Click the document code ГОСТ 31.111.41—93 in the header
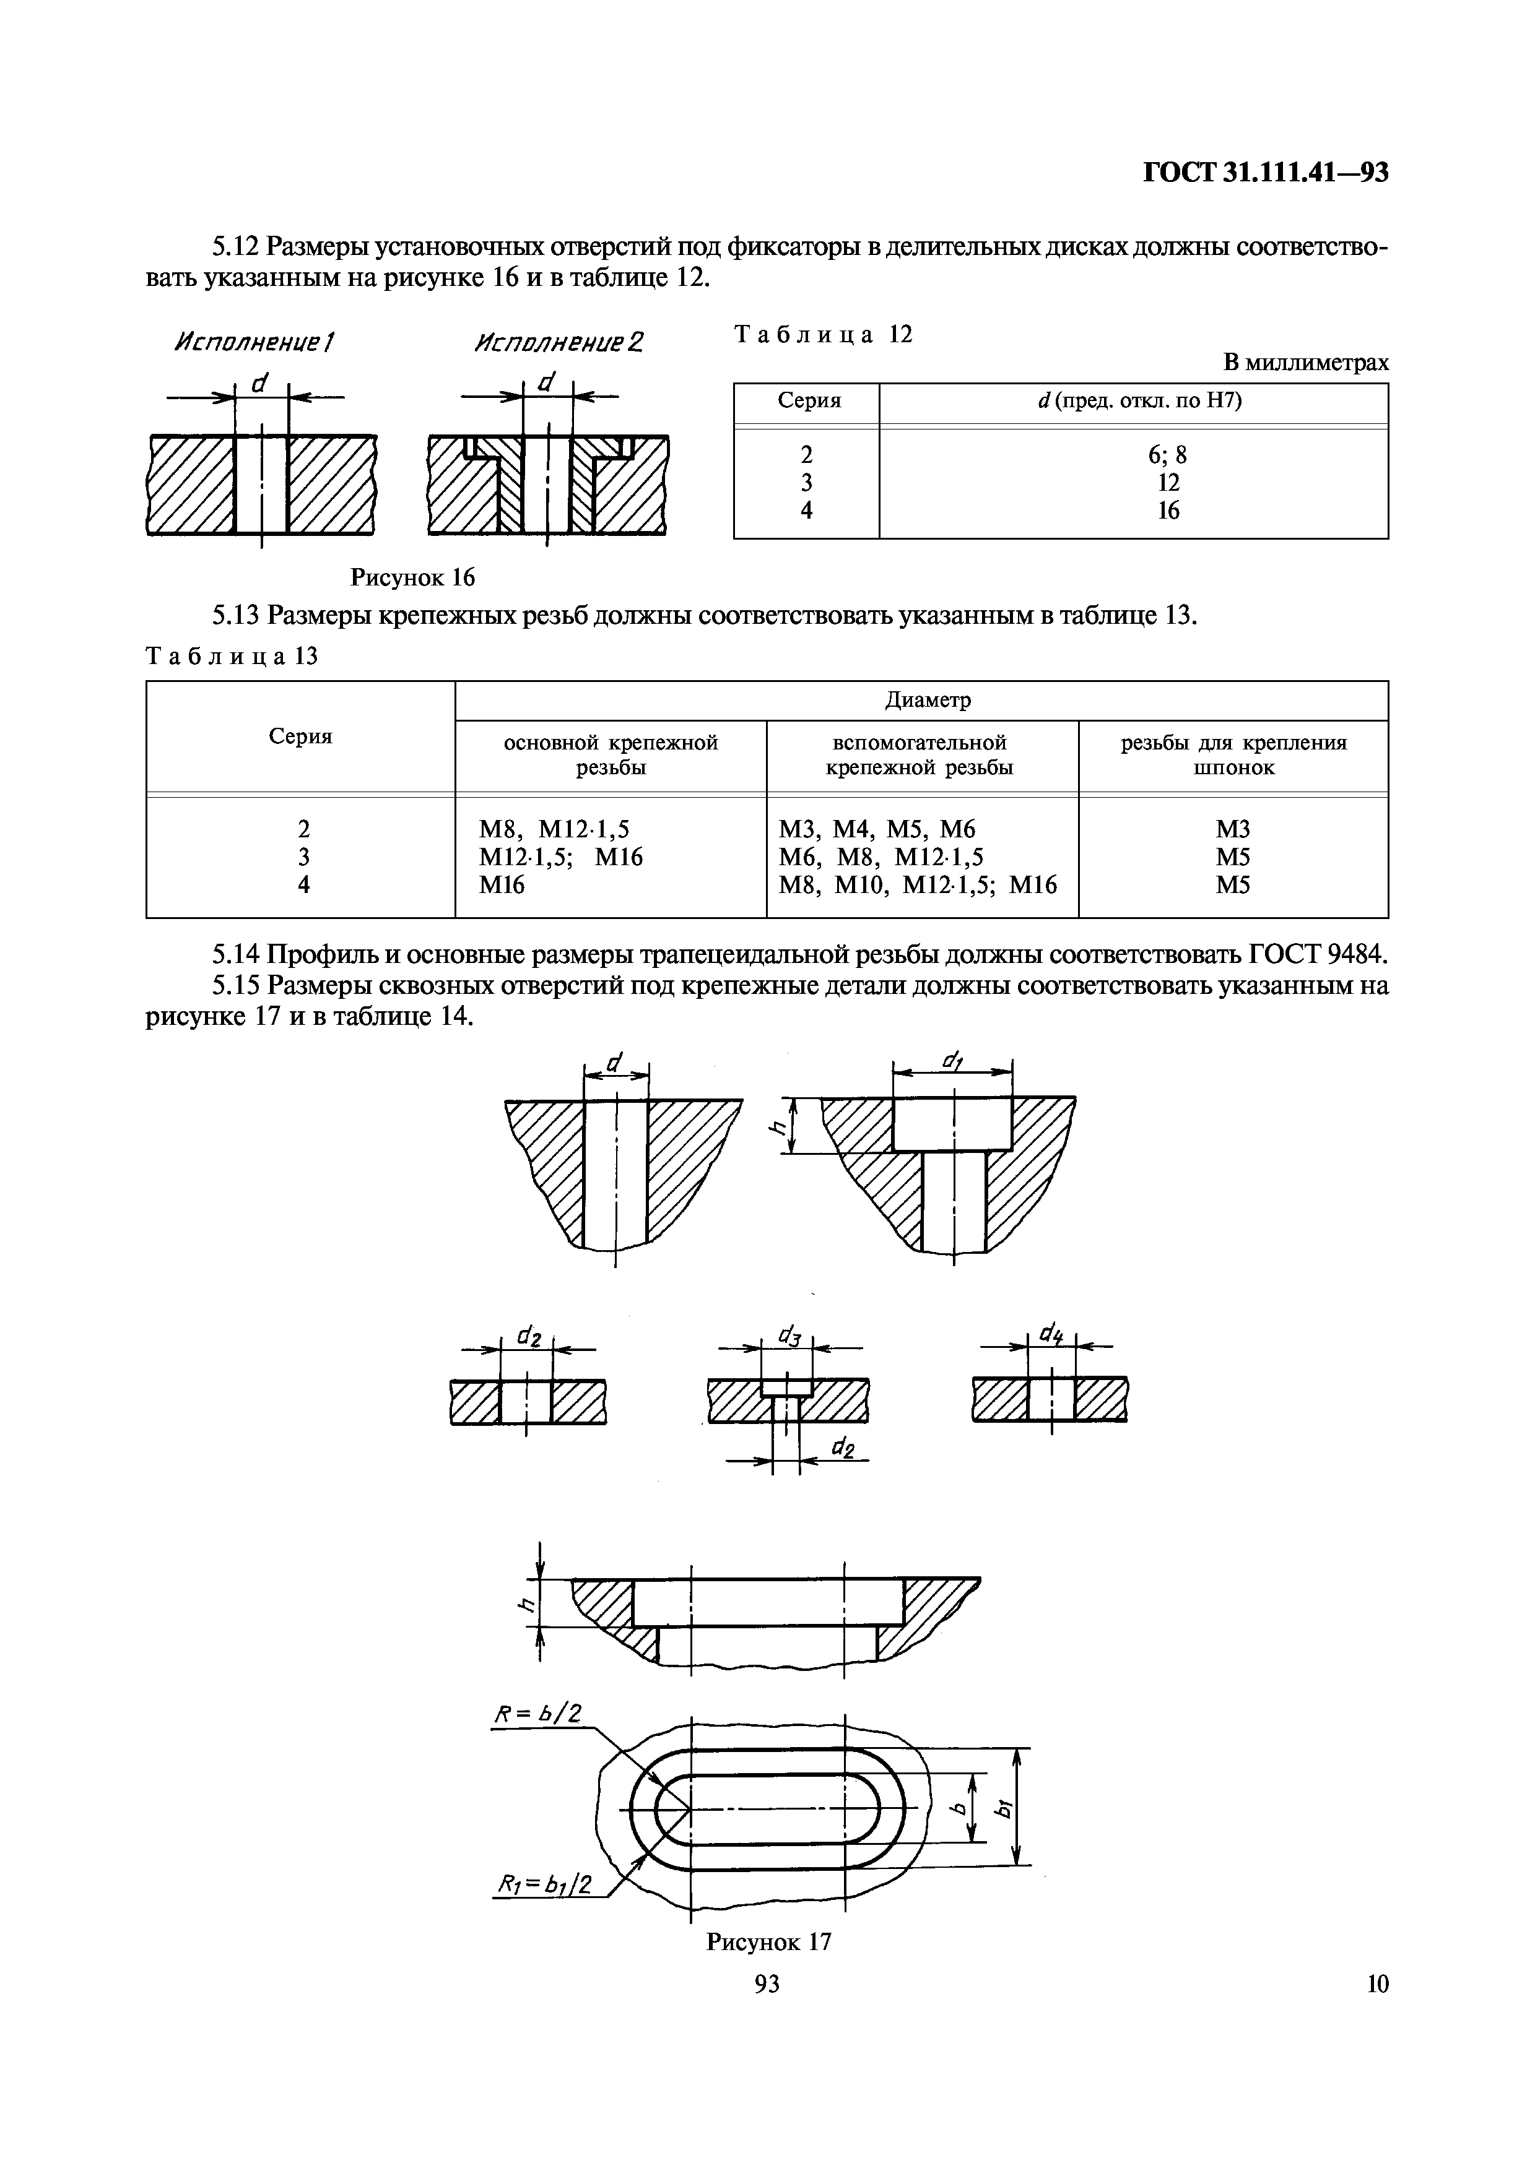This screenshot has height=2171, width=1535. (1266, 173)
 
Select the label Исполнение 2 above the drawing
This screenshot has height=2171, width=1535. (558, 342)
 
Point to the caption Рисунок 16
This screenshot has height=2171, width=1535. (412, 577)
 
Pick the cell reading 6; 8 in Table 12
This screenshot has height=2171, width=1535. (1168, 455)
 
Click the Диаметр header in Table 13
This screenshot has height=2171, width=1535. (928, 700)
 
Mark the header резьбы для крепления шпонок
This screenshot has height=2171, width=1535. (1234, 754)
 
